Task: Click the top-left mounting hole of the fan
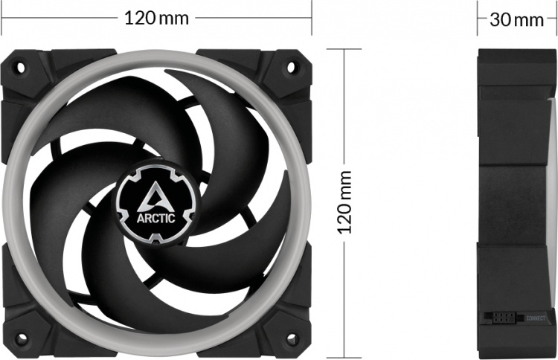[x=21, y=67]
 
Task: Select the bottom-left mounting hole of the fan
[x=21, y=338]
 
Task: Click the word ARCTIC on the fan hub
[x=155, y=219]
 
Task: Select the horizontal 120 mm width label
[x=156, y=17]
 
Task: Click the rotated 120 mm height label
[x=345, y=202]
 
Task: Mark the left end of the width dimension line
[x=2, y=17]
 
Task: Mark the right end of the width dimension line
[x=311, y=17]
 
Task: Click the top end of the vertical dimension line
[x=345, y=50]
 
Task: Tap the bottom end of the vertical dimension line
[x=345, y=355]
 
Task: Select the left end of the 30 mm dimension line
[x=478, y=19]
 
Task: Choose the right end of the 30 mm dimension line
[x=555, y=19]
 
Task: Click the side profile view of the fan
[x=516, y=201]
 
